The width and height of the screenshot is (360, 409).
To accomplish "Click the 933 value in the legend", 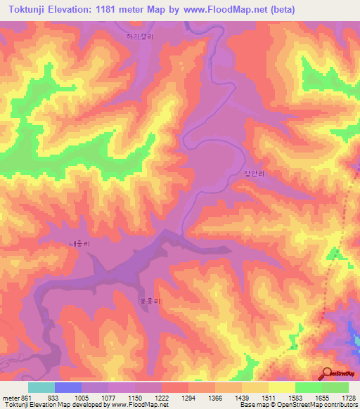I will [x=53, y=397].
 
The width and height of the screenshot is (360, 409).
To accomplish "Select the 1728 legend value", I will [x=347, y=397].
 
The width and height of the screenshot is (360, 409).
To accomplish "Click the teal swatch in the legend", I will [x=41, y=387].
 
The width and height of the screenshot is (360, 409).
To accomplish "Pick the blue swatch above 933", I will [x=67, y=387].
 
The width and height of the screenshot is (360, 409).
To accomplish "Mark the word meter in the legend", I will [x=11, y=397].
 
